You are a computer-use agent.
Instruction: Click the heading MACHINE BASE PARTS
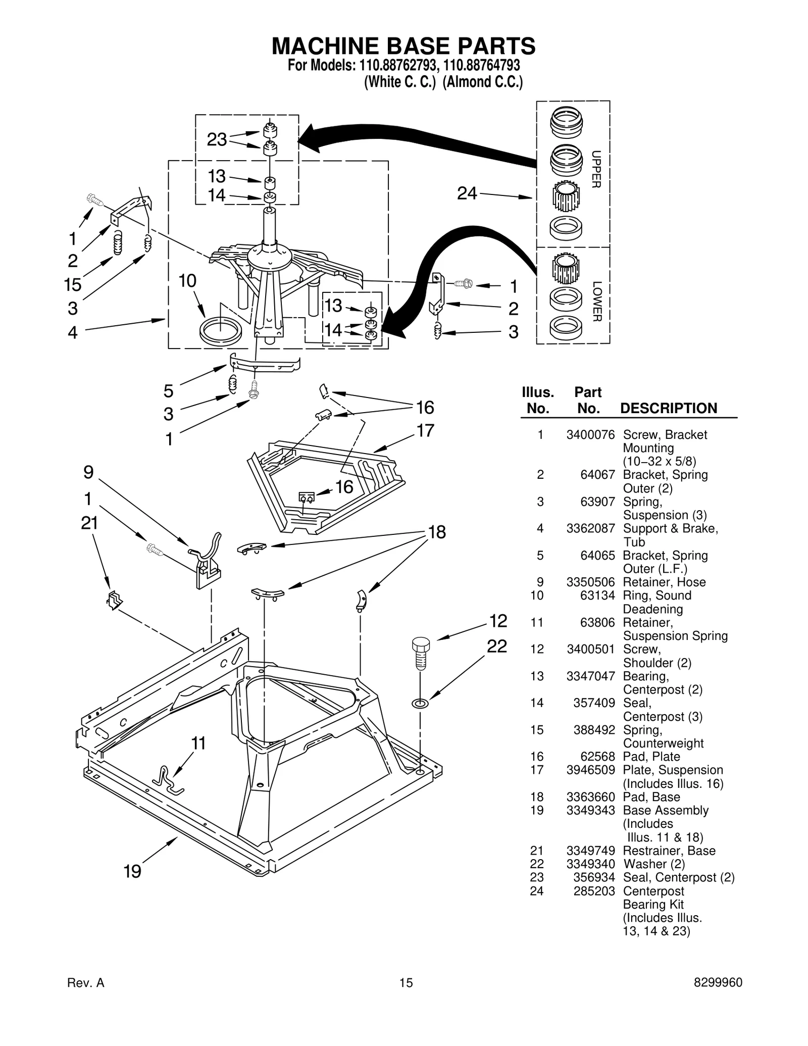(x=403, y=46)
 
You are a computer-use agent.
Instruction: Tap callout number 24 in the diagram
(x=467, y=193)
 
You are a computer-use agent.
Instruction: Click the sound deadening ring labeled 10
(x=221, y=332)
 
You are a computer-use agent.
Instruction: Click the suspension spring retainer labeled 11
(x=169, y=781)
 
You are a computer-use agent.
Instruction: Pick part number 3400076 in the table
(x=590, y=434)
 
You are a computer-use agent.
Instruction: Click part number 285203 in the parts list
(x=594, y=891)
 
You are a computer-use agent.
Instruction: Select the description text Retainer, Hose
(x=664, y=582)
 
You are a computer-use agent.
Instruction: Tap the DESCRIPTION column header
(x=668, y=408)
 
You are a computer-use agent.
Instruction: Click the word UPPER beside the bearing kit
(x=596, y=169)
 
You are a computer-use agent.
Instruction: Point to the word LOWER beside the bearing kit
(x=596, y=301)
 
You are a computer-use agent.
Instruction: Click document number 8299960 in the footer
(x=718, y=982)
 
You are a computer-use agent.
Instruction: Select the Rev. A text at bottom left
(x=85, y=982)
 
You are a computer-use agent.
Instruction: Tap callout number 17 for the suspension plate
(x=425, y=430)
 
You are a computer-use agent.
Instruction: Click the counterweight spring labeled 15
(x=118, y=242)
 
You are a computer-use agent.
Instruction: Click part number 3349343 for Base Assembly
(x=590, y=810)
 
